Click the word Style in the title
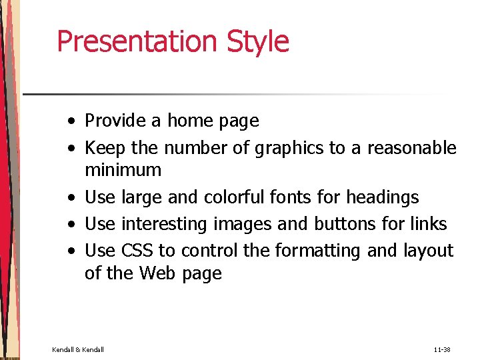point(258,41)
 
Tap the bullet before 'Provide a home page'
point(70,122)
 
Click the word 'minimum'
point(123,170)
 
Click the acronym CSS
point(137,251)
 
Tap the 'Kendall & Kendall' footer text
point(78,349)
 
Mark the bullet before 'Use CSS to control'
point(70,252)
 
